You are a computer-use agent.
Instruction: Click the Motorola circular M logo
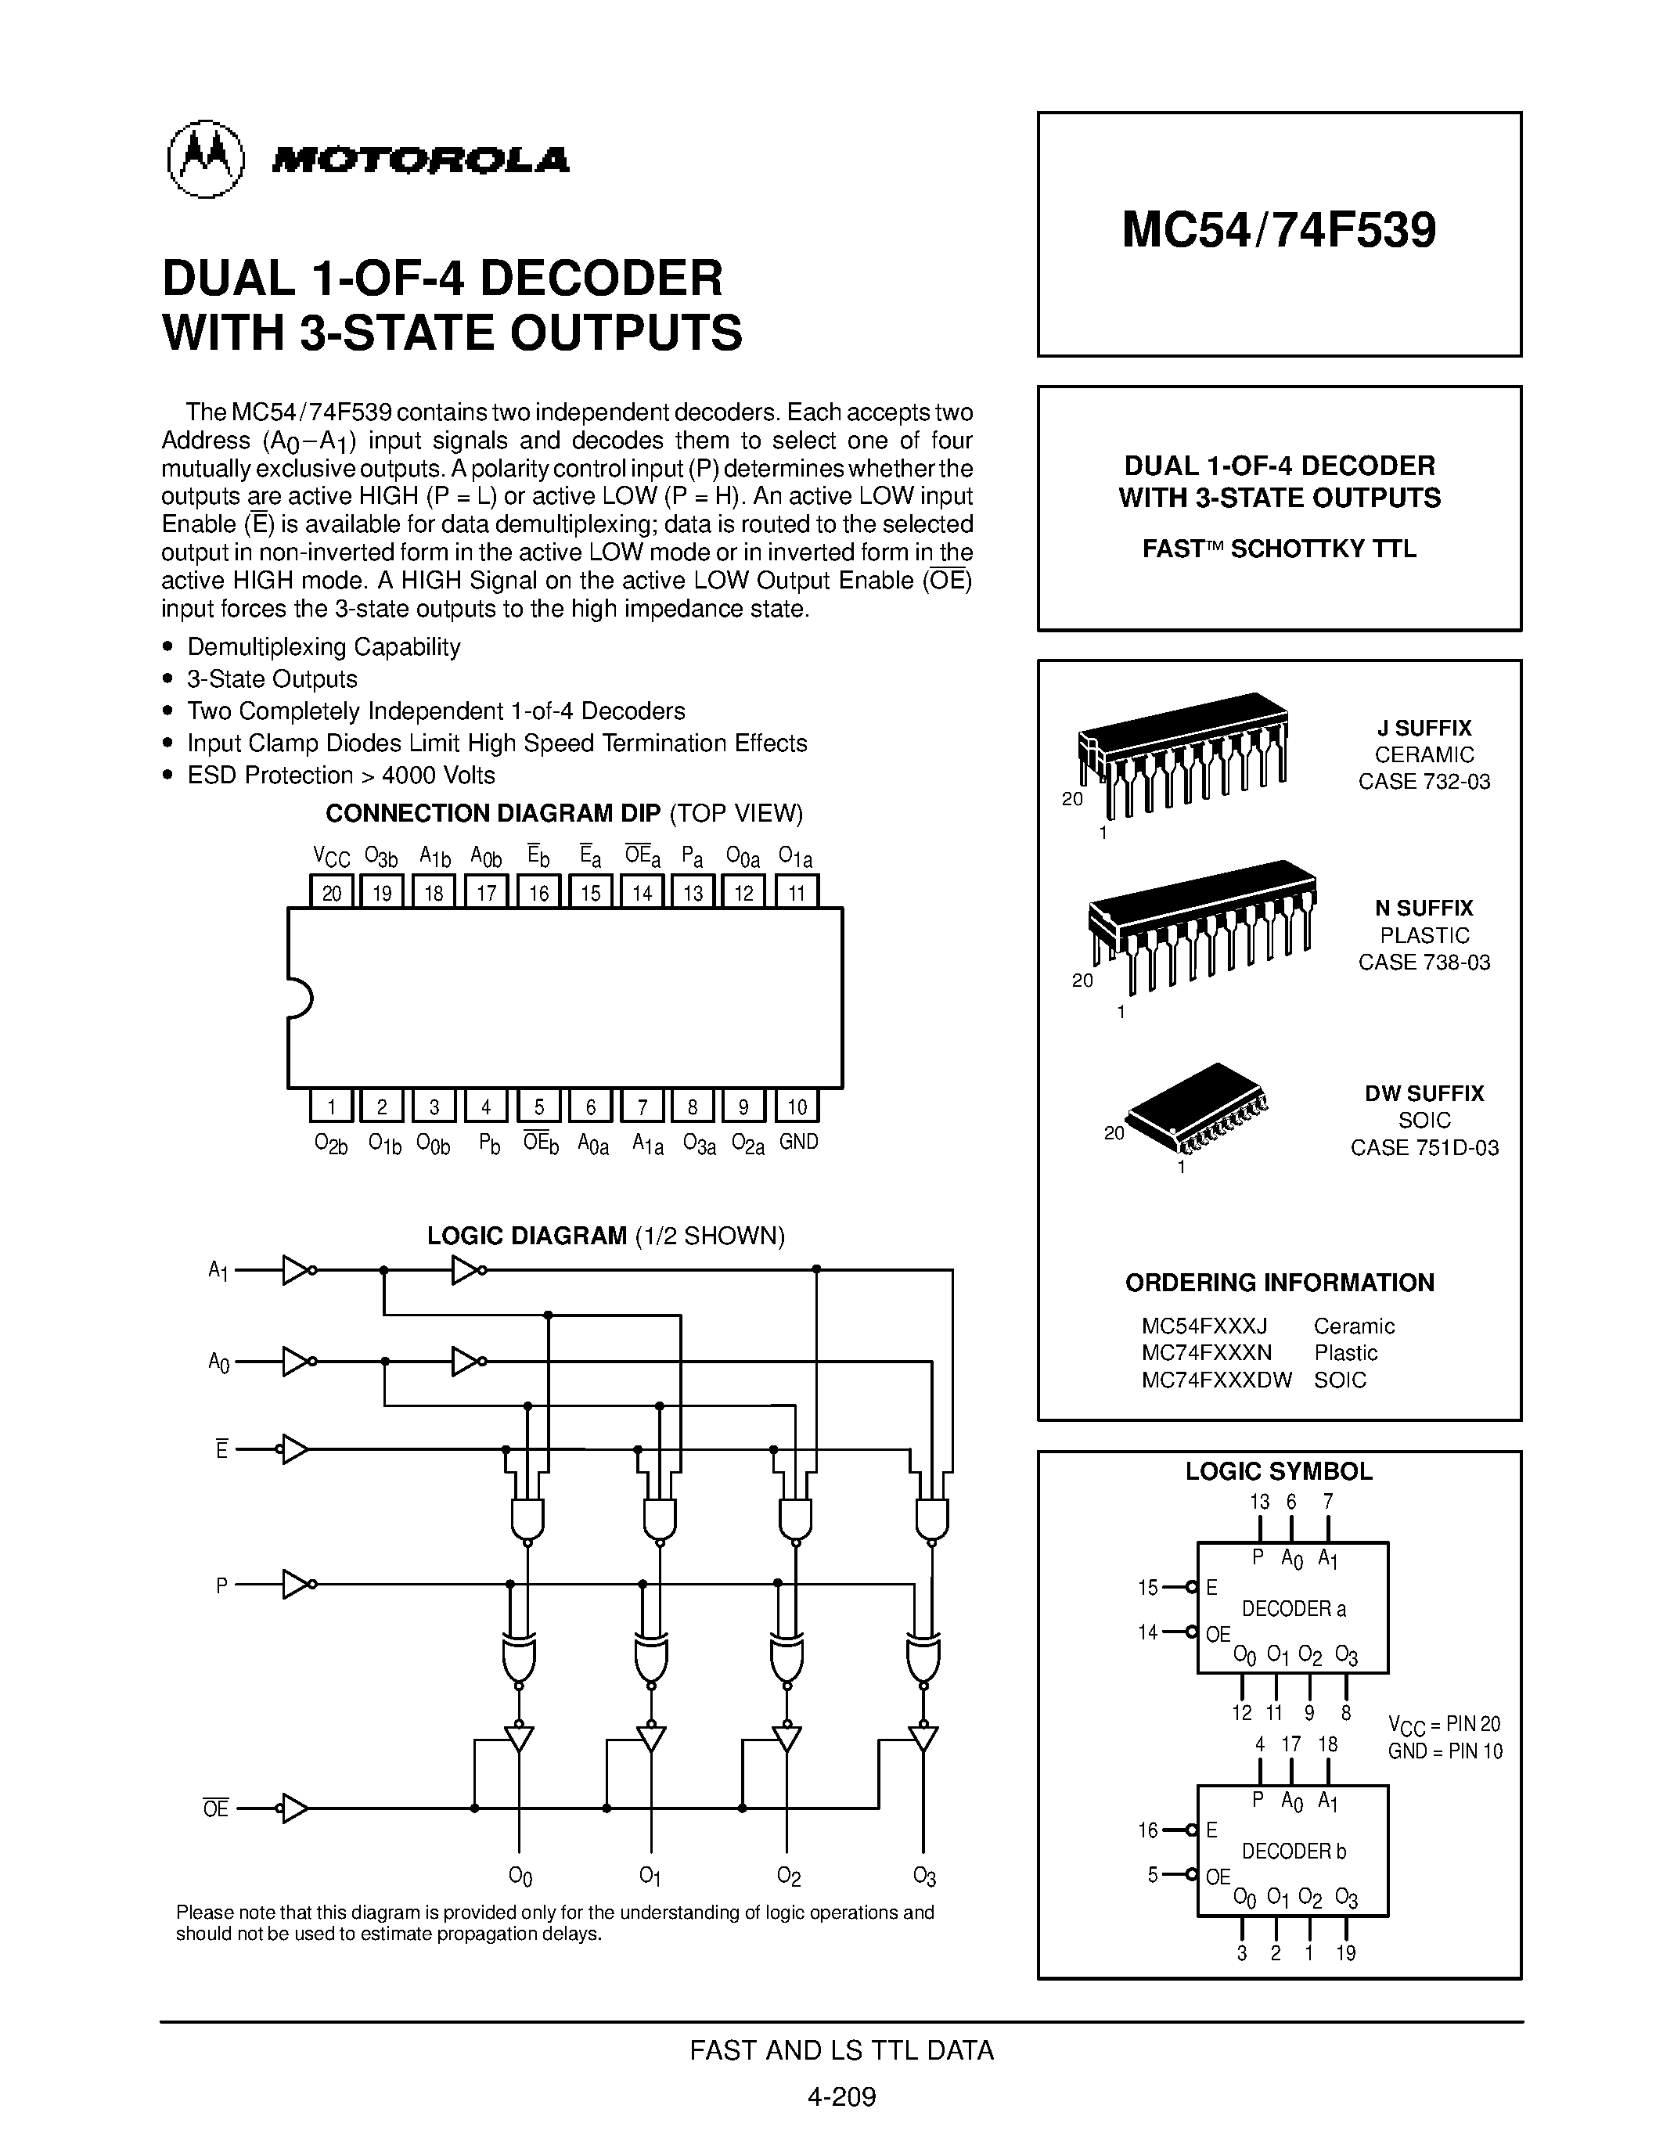tap(205, 159)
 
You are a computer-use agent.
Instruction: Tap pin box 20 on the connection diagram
tap(332, 892)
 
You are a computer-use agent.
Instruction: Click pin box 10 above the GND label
tap(796, 1107)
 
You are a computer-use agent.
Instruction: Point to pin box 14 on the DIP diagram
tap(642, 892)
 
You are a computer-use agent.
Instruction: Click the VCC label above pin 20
tap(331, 855)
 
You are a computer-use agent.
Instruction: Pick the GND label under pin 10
tap(798, 1142)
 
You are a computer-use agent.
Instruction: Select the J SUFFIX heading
tap(1424, 729)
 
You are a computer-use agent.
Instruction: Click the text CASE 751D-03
tap(1424, 1147)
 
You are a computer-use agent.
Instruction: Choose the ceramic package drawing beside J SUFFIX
tap(1182, 754)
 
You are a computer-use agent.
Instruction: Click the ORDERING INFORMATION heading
tap(1279, 1283)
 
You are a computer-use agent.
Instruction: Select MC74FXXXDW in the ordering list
tap(1215, 1380)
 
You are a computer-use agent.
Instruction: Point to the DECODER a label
tap(1293, 1609)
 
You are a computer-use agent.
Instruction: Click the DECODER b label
tap(1293, 1852)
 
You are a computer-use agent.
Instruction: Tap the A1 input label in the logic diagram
tap(218, 1271)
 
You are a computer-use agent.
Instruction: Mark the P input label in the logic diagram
tap(221, 1585)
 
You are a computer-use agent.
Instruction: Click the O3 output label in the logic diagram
tap(923, 1876)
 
